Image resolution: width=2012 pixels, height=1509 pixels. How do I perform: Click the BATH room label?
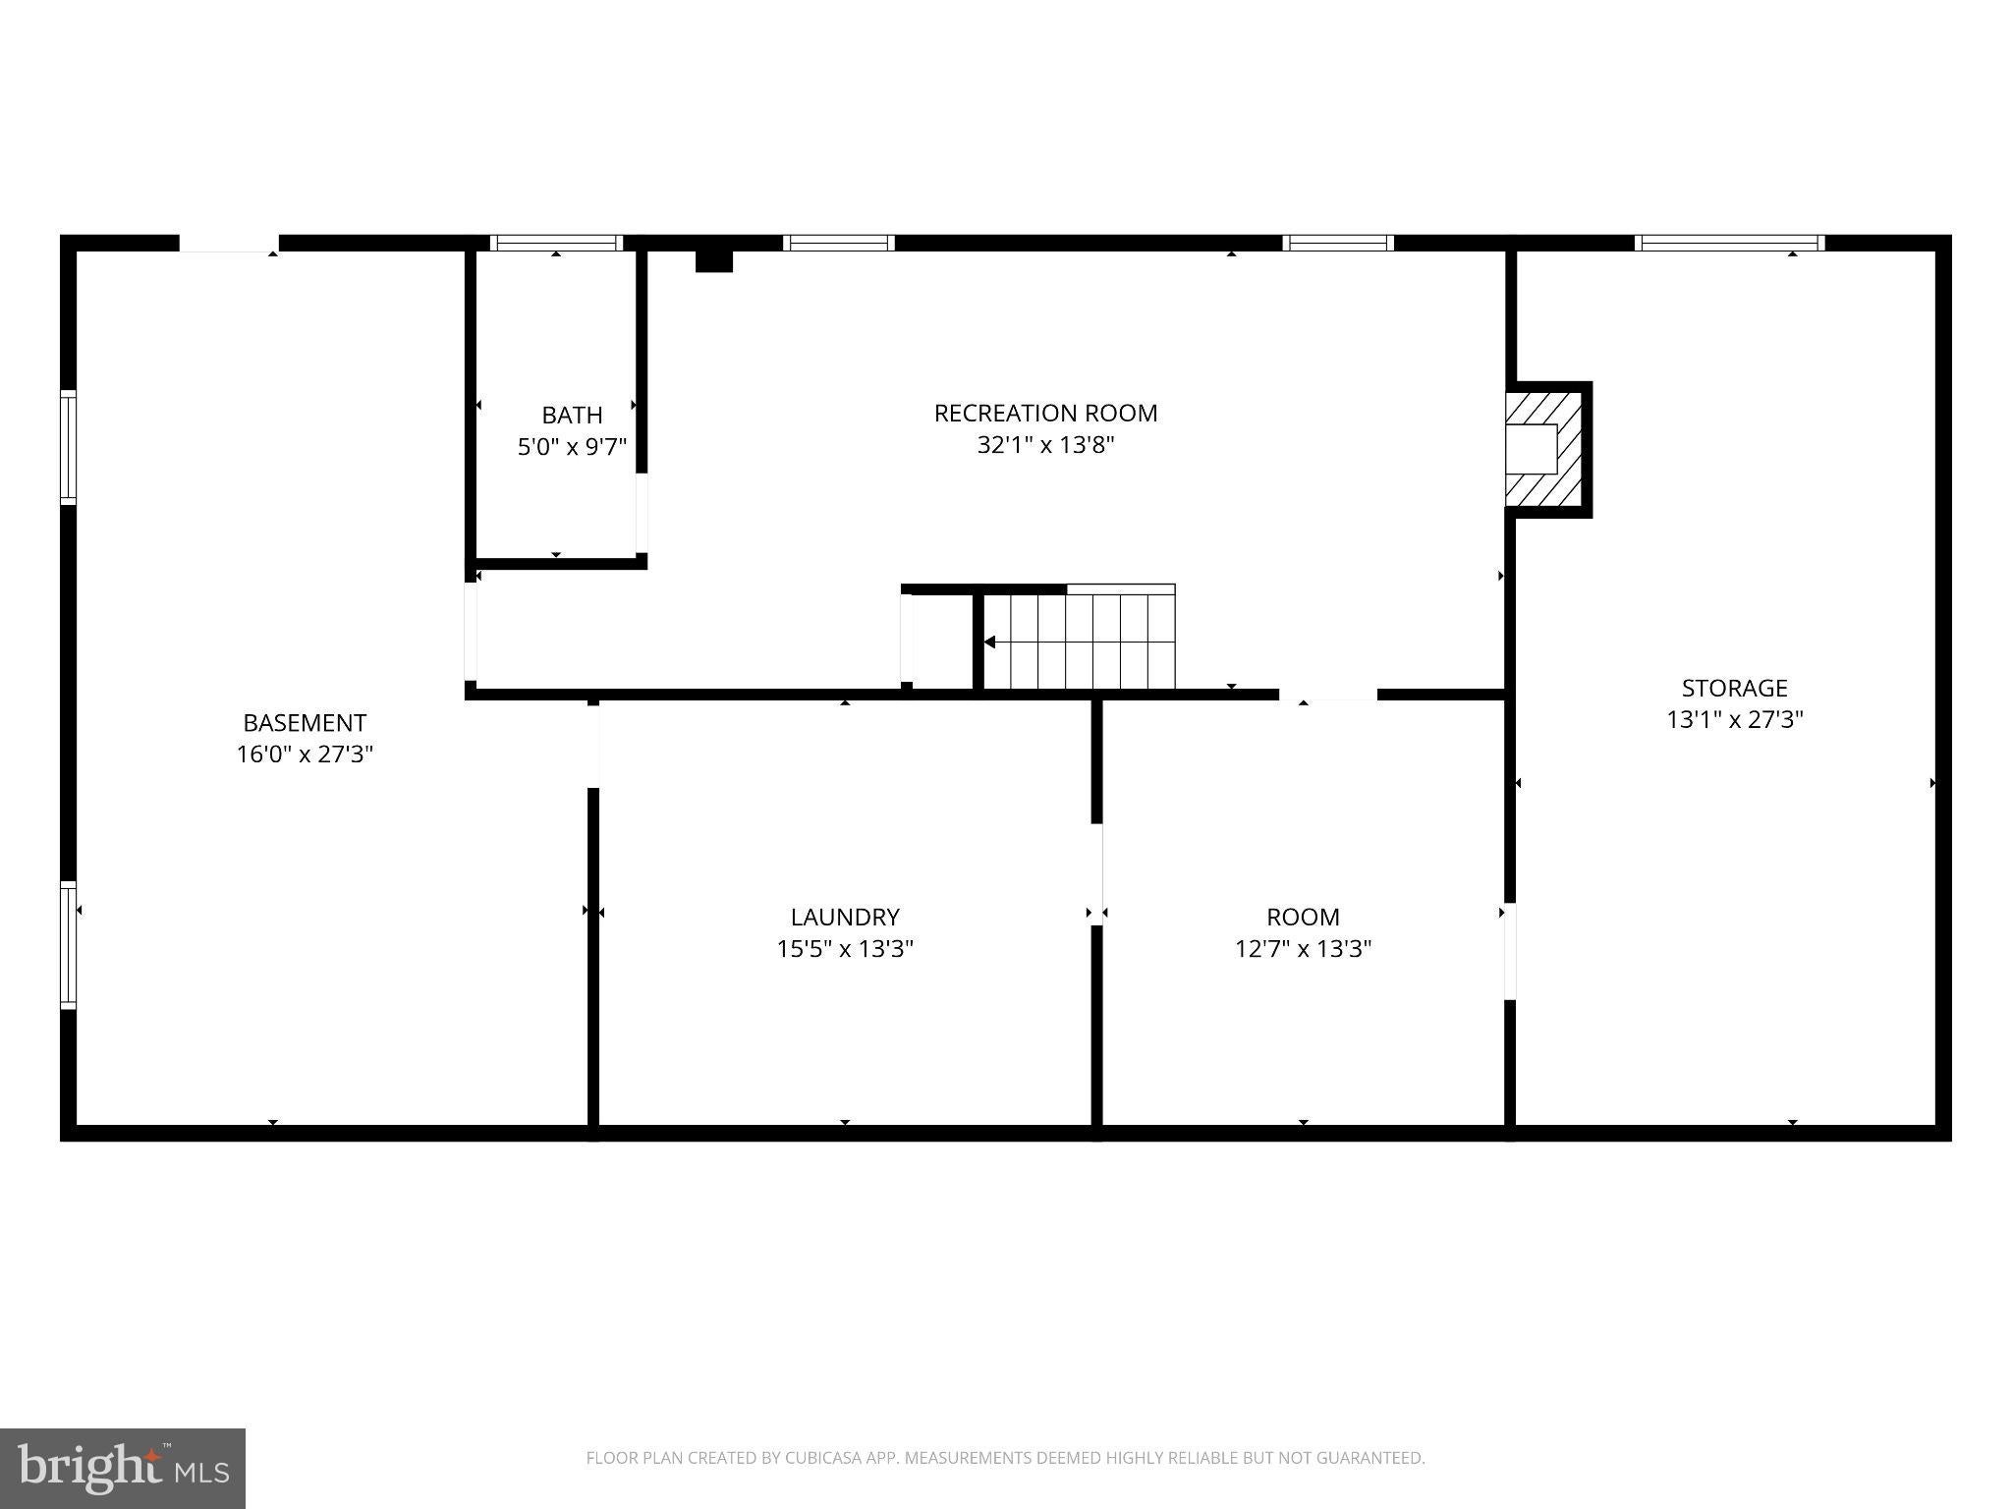tap(572, 415)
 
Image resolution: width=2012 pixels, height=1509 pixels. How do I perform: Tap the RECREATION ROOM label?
tap(1045, 413)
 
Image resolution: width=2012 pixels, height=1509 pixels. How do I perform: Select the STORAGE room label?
tap(1734, 688)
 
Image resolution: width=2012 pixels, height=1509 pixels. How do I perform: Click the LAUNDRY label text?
tap(845, 917)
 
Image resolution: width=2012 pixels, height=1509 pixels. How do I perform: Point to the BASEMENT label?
tap(305, 723)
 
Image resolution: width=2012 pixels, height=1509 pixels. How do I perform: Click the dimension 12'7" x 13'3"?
tap(1303, 949)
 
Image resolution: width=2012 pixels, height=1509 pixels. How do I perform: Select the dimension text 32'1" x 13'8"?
tap(1045, 445)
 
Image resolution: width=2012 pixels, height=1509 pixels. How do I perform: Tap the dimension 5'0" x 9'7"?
tap(572, 447)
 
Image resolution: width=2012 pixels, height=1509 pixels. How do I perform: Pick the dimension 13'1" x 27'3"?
tap(1734, 720)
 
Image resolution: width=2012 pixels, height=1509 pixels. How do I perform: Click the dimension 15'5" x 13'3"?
tap(845, 949)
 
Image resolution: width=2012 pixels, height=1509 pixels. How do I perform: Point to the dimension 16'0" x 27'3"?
tap(305, 754)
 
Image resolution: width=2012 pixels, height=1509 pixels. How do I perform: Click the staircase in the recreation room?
tap(1079, 640)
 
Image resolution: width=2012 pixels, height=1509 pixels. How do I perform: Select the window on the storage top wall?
tap(1729, 243)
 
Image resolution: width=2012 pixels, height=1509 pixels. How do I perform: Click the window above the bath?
tap(556, 243)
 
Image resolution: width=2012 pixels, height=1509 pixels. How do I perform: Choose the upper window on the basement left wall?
tap(69, 447)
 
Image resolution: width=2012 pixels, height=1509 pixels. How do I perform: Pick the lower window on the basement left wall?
tap(69, 945)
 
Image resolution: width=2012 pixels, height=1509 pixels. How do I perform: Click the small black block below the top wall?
tap(714, 260)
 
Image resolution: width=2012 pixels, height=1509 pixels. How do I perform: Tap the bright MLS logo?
tap(123, 1468)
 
